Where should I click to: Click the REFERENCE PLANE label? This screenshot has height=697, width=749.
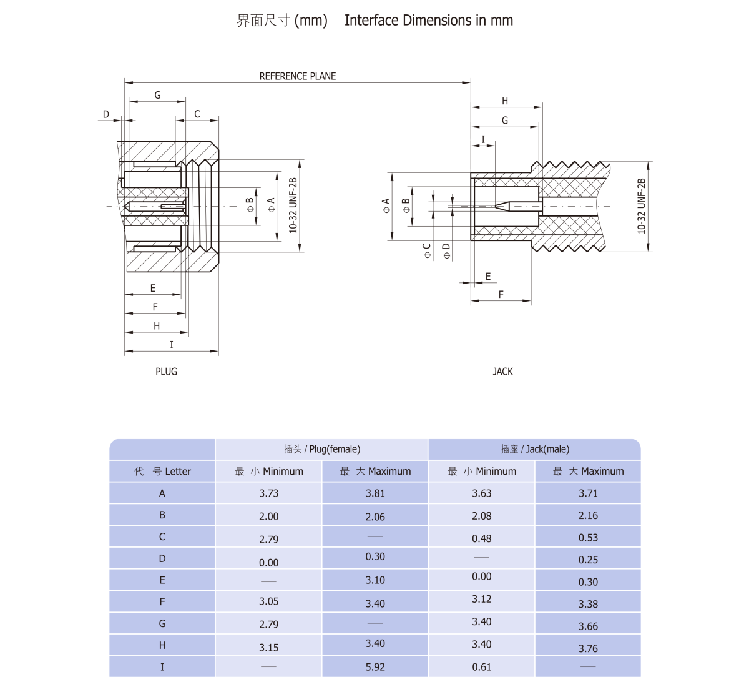pyautogui.click(x=297, y=76)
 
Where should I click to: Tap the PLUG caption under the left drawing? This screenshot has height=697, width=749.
pyautogui.click(x=166, y=372)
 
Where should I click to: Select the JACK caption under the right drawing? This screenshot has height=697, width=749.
pyautogui.click(x=502, y=372)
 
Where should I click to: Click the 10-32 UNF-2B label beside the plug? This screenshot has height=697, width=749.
pyautogui.click(x=293, y=205)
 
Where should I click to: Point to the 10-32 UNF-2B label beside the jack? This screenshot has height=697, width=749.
pyautogui.click(x=641, y=206)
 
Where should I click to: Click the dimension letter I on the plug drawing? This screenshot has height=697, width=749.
pyautogui.click(x=172, y=345)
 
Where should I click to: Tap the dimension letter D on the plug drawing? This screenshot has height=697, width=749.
pyautogui.click(x=106, y=114)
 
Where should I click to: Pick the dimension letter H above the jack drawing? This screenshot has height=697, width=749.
pyautogui.click(x=505, y=101)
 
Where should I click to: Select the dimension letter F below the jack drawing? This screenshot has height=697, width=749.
pyautogui.click(x=501, y=295)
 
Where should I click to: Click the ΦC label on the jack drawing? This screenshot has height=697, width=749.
pyautogui.click(x=427, y=251)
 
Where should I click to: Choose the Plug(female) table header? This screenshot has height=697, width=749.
pyautogui.click(x=322, y=449)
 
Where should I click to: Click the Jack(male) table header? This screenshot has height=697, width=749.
pyautogui.click(x=535, y=449)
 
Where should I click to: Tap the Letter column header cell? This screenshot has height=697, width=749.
pyautogui.click(x=162, y=472)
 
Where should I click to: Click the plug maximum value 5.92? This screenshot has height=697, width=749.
pyautogui.click(x=375, y=667)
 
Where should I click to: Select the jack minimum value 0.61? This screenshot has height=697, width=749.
pyautogui.click(x=481, y=667)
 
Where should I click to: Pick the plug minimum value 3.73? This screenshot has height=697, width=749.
pyautogui.click(x=268, y=493)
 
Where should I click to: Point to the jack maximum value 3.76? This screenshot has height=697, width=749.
pyautogui.click(x=588, y=648)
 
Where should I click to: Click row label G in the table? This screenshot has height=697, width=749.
pyautogui.click(x=162, y=623)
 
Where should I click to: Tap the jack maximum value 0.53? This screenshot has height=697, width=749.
pyautogui.click(x=588, y=538)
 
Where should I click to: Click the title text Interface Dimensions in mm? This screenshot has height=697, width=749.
pyautogui.click(x=429, y=21)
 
